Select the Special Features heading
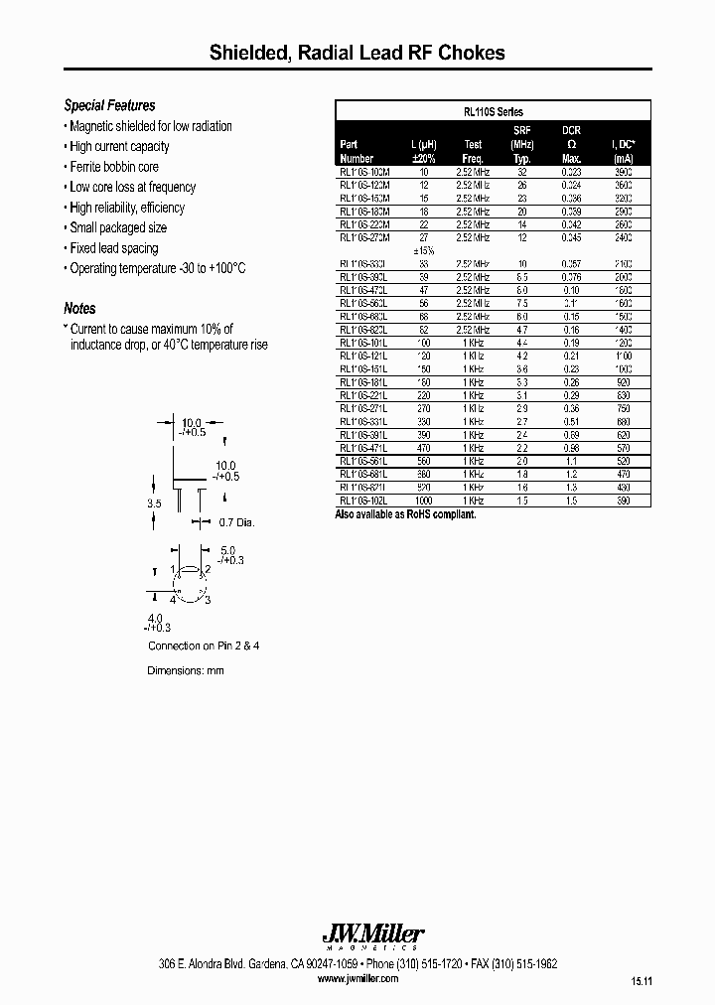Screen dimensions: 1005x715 (x=109, y=105)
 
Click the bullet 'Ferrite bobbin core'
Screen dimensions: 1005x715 (x=113, y=167)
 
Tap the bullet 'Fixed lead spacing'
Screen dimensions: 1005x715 (x=113, y=248)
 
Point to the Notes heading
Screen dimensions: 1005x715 (x=79, y=309)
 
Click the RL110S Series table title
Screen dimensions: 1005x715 (x=493, y=112)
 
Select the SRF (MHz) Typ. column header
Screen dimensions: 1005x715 (x=522, y=144)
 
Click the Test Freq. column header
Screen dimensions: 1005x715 (x=473, y=151)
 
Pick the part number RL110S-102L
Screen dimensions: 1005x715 (x=363, y=502)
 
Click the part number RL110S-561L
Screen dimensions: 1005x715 (x=363, y=462)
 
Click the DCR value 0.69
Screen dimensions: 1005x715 (x=571, y=435)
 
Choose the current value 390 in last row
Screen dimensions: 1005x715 (x=623, y=502)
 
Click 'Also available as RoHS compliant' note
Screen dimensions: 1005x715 (x=405, y=514)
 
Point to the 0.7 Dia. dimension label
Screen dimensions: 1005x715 (x=237, y=522)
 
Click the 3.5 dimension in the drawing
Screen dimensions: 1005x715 (x=153, y=504)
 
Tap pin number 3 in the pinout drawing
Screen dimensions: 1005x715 (x=209, y=600)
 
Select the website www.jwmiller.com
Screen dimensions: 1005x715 (x=358, y=978)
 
